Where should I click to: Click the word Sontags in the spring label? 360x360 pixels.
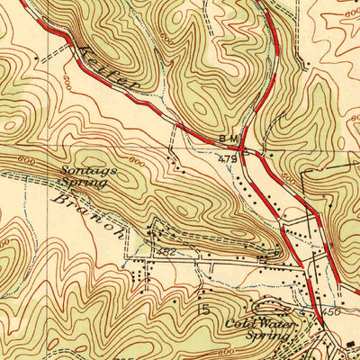point(82,170)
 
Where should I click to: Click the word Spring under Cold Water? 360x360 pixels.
point(270,336)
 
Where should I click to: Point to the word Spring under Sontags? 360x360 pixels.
point(88,183)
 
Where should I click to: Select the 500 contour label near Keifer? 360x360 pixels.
point(69,79)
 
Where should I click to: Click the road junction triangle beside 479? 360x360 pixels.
point(244,150)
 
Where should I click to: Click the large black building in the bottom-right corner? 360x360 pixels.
point(350,345)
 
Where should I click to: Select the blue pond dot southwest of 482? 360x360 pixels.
point(120,266)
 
